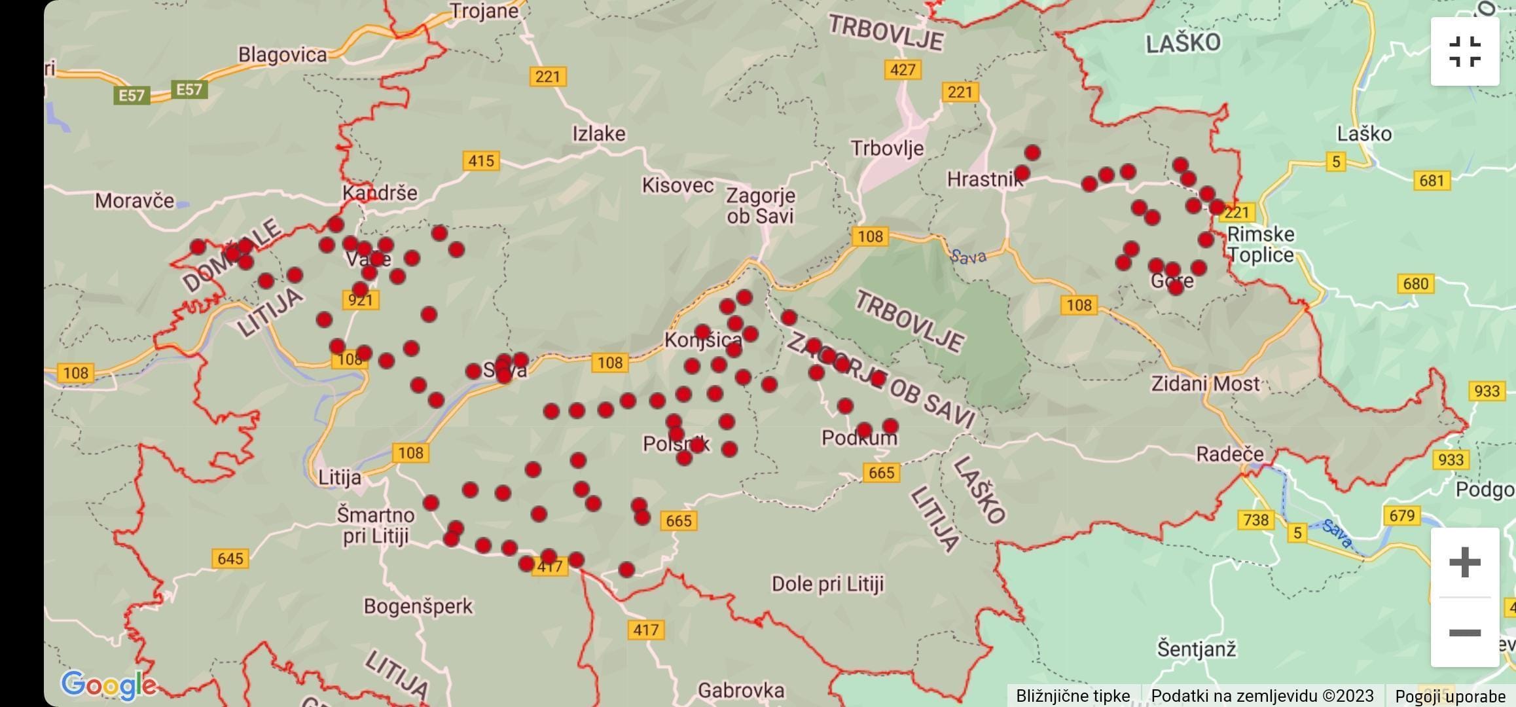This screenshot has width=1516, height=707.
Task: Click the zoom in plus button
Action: pos(1464,562)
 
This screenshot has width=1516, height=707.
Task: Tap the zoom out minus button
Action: pos(1464,632)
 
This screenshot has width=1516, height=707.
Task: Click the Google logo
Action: pos(109,685)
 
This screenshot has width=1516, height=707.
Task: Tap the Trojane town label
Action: pos(484,11)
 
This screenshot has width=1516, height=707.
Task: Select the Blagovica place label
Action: pos(282,54)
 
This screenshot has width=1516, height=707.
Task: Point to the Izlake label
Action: pos(598,134)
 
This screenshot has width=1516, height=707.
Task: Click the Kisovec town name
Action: pos(677,185)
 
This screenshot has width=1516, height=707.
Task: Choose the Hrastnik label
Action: pos(984,179)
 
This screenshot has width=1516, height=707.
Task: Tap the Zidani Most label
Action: pos(1205,384)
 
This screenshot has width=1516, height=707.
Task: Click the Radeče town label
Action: pos(1229,454)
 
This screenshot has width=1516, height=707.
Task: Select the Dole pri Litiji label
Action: pos(827,583)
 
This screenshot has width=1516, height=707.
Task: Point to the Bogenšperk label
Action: pos(418,606)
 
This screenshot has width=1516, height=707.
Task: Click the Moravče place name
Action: pos(134,200)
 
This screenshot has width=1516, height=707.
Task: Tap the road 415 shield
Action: pos(480,160)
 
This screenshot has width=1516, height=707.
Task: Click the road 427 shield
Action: pos(903,69)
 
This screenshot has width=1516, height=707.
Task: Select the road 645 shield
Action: pos(230,558)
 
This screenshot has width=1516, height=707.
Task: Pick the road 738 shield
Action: pos(1255,520)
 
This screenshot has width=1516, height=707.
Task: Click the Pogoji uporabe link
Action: pos(1450,696)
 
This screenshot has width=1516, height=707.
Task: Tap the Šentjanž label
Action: pos(1197,649)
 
